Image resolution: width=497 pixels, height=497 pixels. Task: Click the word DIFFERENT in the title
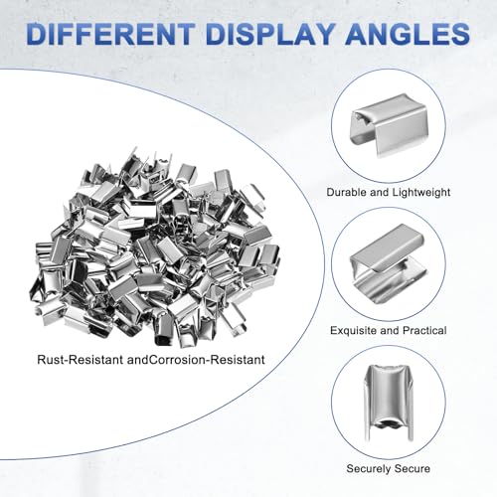coord(110,34)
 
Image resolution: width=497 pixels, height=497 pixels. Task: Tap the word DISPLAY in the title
coord(270,34)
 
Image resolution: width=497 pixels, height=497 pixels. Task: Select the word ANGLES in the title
coord(408,34)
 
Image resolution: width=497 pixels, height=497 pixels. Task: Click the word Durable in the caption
coord(346,192)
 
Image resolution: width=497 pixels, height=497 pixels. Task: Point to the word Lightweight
coord(421,193)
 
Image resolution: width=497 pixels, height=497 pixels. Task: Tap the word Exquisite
coord(354,331)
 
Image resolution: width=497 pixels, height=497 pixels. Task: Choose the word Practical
coord(424,330)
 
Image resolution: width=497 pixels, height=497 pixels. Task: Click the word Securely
coord(367,469)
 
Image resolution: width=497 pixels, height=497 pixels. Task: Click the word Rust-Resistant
coord(81,360)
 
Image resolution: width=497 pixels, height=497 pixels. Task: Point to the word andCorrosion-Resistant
coord(196,360)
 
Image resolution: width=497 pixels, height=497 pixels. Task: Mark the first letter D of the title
coord(37,34)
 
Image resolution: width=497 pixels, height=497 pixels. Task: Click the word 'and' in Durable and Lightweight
coord(379,192)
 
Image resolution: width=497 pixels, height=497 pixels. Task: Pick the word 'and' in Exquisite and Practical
coord(390,330)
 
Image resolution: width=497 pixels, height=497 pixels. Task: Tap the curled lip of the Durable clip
coord(364,118)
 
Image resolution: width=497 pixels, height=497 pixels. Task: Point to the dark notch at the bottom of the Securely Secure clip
coord(389,424)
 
